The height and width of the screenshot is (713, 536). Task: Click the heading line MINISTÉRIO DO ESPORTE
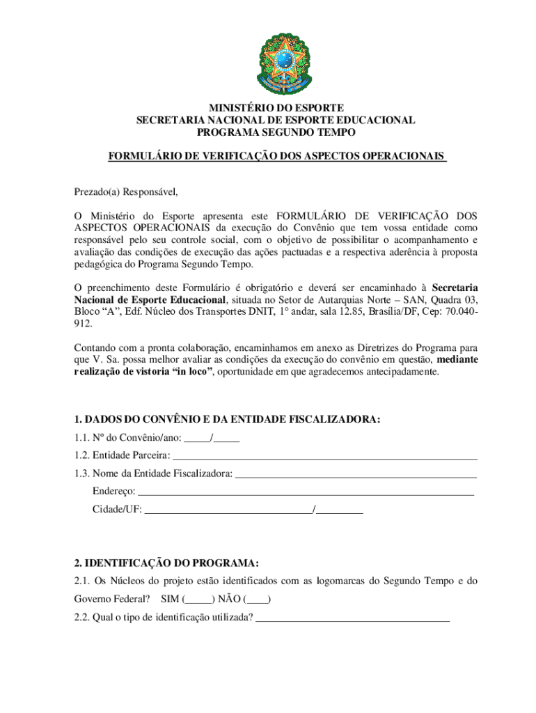point(276,108)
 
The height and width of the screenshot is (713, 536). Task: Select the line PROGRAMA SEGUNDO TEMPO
point(276,132)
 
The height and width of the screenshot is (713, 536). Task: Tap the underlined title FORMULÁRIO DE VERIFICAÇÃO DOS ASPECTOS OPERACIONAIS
point(276,157)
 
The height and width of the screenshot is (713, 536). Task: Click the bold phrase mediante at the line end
point(457,359)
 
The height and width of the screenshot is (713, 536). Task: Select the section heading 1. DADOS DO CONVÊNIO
point(228,419)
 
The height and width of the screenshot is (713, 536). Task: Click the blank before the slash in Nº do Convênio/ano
point(198,438)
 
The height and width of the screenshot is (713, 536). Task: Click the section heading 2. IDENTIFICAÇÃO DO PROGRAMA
point(167,563)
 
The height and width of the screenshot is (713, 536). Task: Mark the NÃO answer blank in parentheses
point(258,599)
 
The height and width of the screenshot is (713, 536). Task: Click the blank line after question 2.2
point(353,617)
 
